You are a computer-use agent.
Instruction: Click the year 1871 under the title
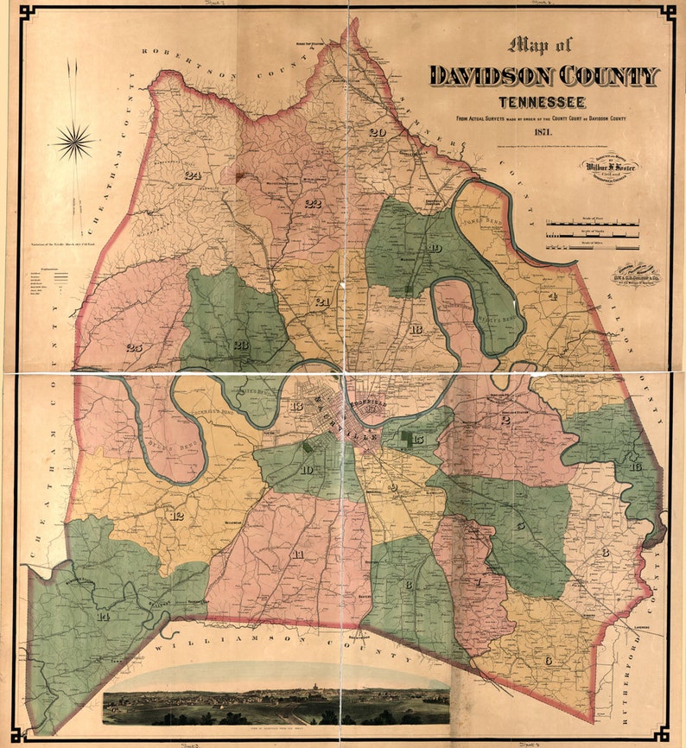pyautogui.click(x=543, y=132)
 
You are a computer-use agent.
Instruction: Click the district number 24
pyautogui.click(x=192, y=175)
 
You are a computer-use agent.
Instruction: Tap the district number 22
pyautogui.click(x=312, y=204)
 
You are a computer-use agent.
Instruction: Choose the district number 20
pyautogui.click(x=377, y=133)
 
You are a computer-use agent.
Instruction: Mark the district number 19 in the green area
pyautogui.click(x=434, y=249)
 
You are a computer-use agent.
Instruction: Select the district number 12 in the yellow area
pyautogui.click(x=177, y=516)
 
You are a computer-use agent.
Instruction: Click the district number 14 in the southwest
pyautogui.click(x=104, y=616)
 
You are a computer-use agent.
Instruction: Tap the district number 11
pyautogui.click(x=297, y=554)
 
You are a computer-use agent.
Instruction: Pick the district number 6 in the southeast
pyautogui.click(x=549, y=660)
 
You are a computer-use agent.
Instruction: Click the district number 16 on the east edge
pyautogui.click(x=636, y=466)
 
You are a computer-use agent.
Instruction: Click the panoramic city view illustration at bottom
pyautogui.click(x=276, y=700)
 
